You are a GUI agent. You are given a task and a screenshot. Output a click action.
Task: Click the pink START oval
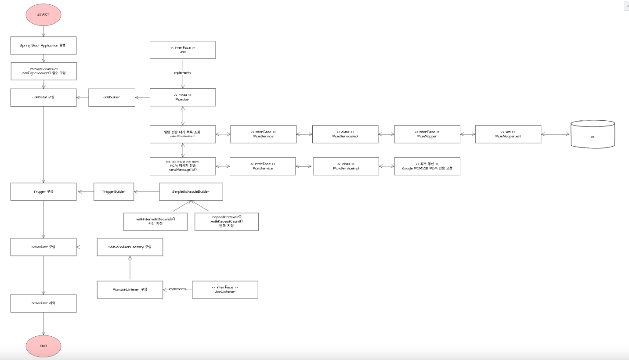tap(43, 15)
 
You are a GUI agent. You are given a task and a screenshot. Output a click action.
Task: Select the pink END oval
tap(43, 346)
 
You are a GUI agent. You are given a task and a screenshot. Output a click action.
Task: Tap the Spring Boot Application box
tap(43, 46)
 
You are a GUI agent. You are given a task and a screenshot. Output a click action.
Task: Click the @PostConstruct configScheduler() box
tap(44, 71)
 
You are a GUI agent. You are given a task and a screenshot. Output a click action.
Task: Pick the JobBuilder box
tap(112, 97)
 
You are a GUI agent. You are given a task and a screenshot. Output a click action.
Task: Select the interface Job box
tap(183, 50)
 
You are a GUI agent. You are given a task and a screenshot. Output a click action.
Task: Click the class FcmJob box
tap(183, 97)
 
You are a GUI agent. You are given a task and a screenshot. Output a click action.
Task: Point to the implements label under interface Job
tap(183, 73)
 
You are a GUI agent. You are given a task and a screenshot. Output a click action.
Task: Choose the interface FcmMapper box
tap(427, 134)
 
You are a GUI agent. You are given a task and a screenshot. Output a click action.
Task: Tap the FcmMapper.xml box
tap(508, 134)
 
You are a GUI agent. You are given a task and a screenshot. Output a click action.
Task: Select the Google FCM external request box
tap(427, 166)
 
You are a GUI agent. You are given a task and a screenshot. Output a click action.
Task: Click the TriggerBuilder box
tap(114, 191)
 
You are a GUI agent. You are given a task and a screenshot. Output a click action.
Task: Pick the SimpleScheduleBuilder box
tap(191, 191)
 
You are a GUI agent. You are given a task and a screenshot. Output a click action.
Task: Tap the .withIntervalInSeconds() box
tap(155, 221)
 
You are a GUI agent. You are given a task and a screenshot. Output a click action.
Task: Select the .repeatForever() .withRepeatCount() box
tap(227, 221)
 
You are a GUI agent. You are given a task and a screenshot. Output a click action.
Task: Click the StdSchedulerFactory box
tap(130, 247)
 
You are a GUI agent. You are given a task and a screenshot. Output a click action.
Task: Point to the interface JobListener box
tap(225, 290)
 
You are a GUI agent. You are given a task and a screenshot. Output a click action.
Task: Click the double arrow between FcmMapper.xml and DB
tap(556, 134)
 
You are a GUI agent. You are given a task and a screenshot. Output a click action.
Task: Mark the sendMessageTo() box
tap(183, 166)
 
